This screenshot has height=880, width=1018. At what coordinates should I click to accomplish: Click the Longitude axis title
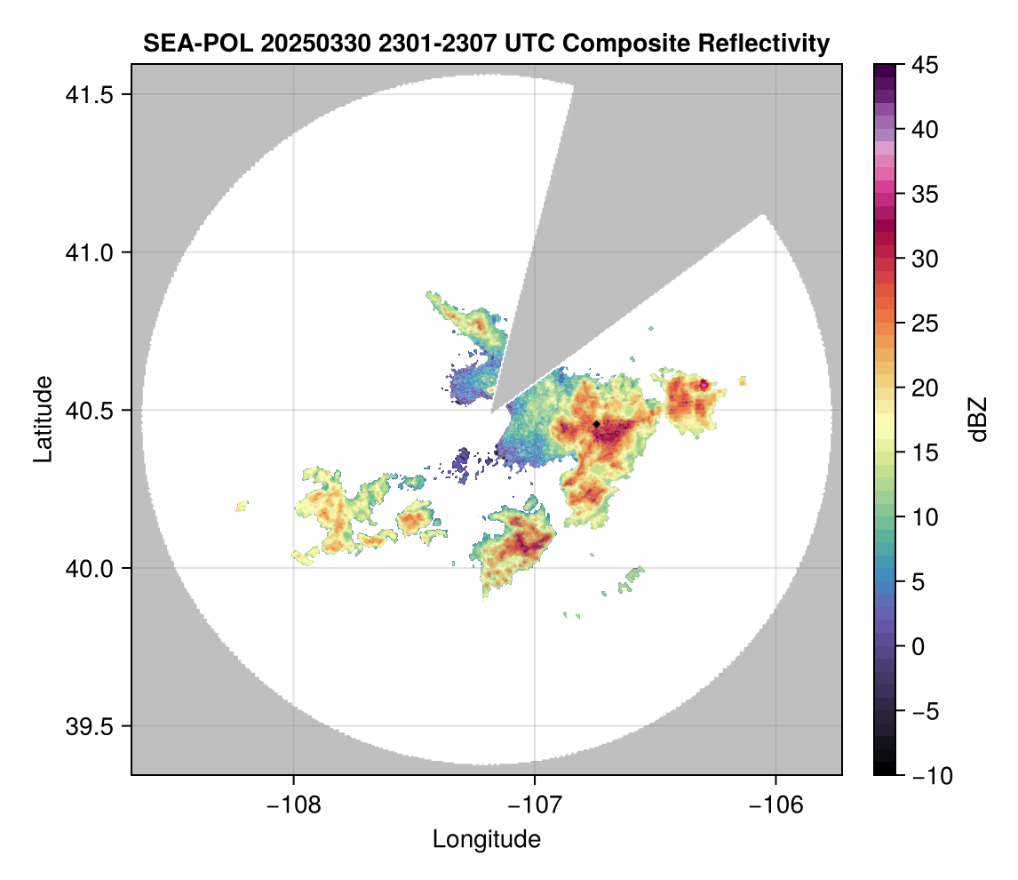point(486,839)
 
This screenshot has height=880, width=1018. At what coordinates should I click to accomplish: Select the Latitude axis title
point(42,418)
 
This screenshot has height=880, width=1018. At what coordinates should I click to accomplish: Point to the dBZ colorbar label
point(978,420)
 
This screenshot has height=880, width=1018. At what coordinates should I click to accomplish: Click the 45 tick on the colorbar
point(925,65)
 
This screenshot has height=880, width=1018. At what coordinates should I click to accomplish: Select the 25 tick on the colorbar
point(925,324)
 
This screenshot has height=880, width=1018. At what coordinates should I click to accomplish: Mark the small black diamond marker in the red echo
point(596,424)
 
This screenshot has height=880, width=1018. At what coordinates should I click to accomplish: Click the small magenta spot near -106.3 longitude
point(704,384)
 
